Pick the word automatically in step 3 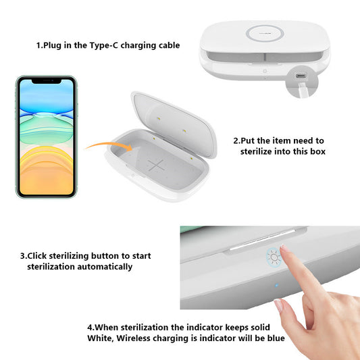coord(101,267)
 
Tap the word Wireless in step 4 coord(138,338)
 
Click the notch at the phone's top coord(46,82)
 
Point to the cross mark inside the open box coord(156,165)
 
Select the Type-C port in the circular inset coord(299,75)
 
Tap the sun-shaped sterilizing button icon coord(272,257)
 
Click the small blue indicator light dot coord(277,285)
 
